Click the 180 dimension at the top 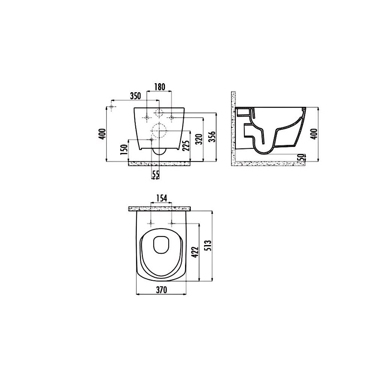click(159, 87)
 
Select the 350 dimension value click(135, 96)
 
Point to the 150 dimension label click(125, 150)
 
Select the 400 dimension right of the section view click(314, 133)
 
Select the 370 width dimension click(161, 289)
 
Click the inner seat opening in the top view click(161, 244)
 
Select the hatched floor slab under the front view click(159, 163)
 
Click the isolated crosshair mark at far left click(111, 108)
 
